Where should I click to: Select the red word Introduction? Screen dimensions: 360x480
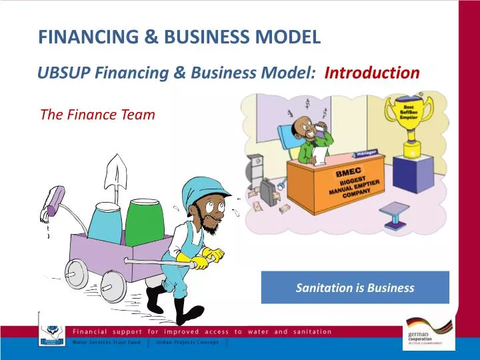(x=372, y=73)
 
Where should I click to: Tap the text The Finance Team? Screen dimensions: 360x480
(x=97, y=114)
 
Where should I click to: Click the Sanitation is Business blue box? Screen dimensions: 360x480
(x=355, y=288)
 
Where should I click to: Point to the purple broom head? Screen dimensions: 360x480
(x=54, y=200)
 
